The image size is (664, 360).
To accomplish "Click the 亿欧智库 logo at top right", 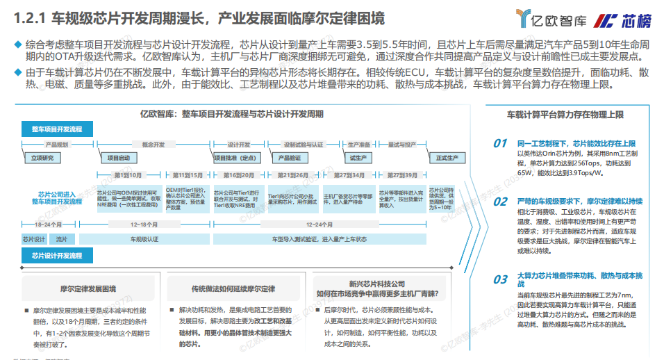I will (x=548, y=19).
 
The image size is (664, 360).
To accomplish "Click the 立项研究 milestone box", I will (x=42, y=158).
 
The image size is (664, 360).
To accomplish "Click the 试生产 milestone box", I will (x=358, y=158).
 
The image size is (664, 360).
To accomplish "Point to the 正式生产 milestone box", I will (x=447, y=158).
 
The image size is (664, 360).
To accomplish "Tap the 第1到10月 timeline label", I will (x=128, y=175).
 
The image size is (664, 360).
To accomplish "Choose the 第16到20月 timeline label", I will (x=240, y=175).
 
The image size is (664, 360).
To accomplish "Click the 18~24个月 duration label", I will (x=38, y=225).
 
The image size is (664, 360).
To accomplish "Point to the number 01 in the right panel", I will (x=500, y=143).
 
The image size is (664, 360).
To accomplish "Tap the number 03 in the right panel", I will (x=500, y=279).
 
